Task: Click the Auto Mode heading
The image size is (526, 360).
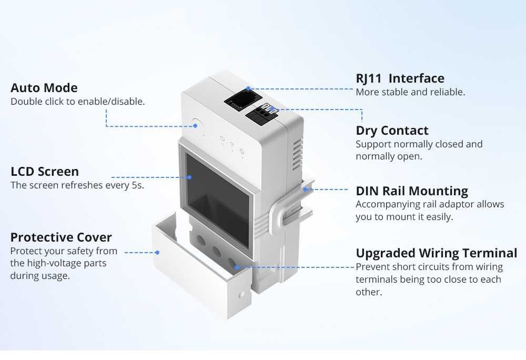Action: point(44,88)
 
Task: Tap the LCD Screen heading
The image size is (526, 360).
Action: point(45,172)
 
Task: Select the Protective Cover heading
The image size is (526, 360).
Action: point(61,237)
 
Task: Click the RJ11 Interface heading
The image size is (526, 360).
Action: point(400,78)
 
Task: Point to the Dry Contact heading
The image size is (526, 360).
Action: point(392,131)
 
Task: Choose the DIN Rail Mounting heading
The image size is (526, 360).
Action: point(412,191)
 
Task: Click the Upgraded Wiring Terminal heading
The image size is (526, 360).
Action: point(436,253)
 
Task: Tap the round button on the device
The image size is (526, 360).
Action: point(198,126)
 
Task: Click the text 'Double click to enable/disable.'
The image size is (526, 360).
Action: point(77,102)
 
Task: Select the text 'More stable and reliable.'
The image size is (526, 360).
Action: point(410,92)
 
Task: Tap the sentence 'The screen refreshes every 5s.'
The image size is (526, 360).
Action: point(77,185)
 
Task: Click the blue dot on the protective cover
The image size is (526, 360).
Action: point(156,253)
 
